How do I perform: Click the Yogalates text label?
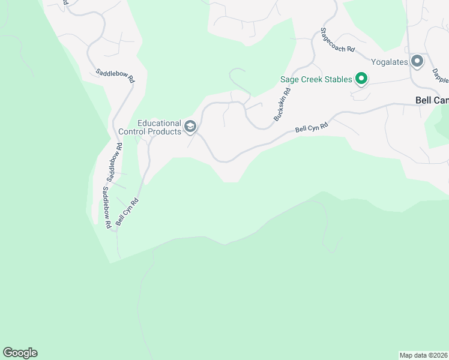(389, 62)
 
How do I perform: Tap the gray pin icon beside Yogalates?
(417, 61)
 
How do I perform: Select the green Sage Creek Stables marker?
(361, 79)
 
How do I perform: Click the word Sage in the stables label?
(291, 80)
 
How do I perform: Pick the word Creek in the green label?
(312, 80)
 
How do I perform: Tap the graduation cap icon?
(190, 126)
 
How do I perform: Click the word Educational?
(160, 122)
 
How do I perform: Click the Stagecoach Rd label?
(337, 40)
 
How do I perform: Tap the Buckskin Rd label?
(282, 105)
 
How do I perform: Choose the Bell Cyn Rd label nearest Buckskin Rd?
(312, 128)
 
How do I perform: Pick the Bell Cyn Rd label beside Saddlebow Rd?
(127, 212)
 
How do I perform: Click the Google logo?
(20, 353)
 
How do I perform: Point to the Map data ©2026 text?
(423, 355)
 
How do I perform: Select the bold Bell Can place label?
(432, 101)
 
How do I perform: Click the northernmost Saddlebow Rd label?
(115, 76)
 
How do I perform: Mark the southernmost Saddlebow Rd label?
(106, 207)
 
